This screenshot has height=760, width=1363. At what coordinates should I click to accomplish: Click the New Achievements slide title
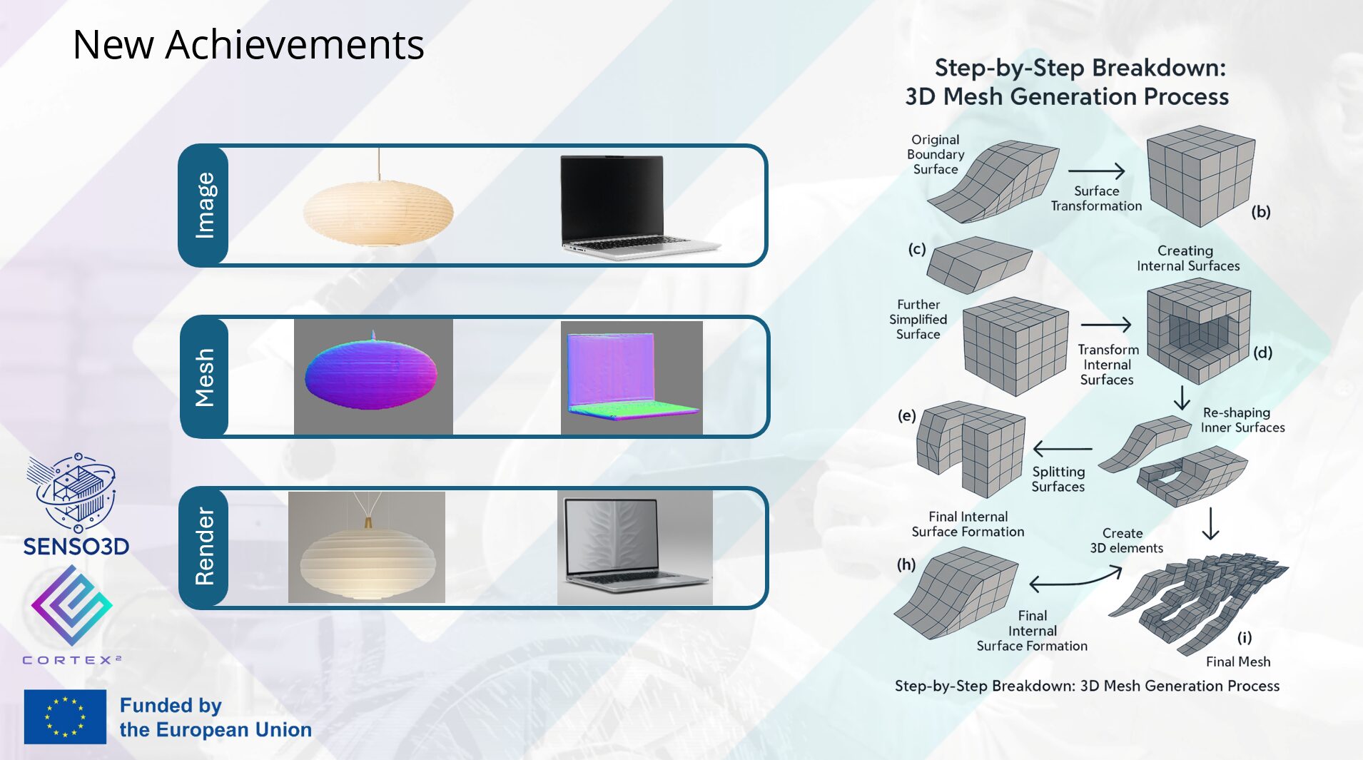[x=248, y=44]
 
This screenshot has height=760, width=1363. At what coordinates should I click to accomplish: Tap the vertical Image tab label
[x=205, y=206]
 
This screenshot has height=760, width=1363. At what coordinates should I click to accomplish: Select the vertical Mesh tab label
[x=205, y=378]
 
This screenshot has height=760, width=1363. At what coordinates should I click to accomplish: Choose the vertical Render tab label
[x=205, y=547]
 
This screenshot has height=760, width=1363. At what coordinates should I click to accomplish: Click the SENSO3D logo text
[x=76, y=547]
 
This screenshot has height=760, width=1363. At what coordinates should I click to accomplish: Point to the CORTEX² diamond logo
[x=71, y=605]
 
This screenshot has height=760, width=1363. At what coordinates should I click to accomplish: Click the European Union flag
[x=65, y=716]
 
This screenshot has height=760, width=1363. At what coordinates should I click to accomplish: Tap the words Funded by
[x=171, y=705]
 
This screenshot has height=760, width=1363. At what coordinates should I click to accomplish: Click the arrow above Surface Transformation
[x=1096, y=171]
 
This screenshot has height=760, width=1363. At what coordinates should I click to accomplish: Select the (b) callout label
[x=1261, y=212]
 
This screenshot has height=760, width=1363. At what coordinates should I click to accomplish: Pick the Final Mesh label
[x=1238, y=662]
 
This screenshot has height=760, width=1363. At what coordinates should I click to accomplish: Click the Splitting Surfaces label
[x=1058, y=479]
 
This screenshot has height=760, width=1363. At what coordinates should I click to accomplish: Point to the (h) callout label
[x=906, y=564]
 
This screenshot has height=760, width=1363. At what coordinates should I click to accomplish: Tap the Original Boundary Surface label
[x=936, y=154]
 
